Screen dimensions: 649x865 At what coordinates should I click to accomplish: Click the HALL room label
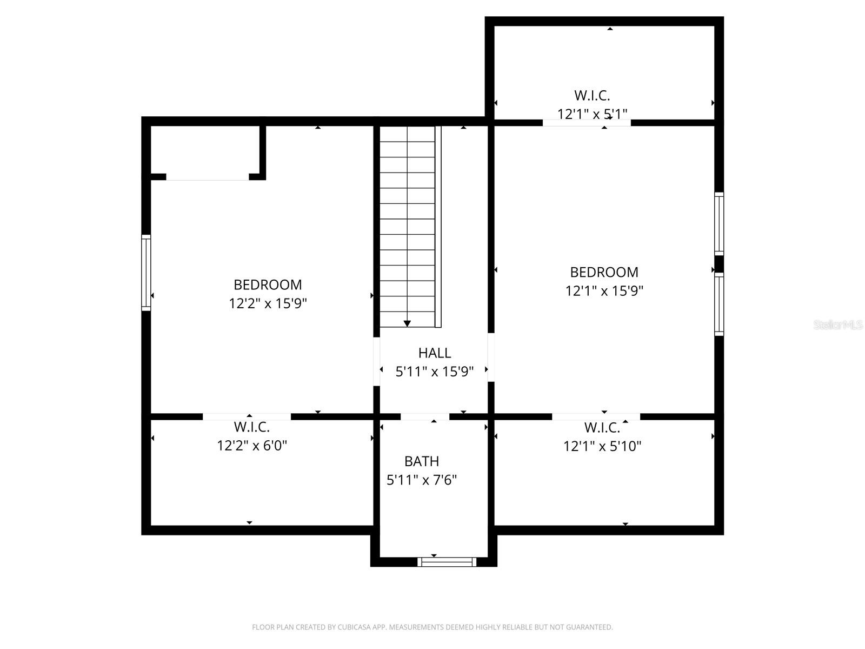[x=434, y=353]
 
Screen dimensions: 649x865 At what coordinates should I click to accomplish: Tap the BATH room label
[x=421, y=461]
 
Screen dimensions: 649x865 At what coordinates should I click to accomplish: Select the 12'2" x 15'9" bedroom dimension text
[x=268, y=303]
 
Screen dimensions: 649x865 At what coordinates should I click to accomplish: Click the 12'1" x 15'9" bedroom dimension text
[x=604, y=291]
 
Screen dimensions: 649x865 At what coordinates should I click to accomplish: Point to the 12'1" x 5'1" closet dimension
[x=592, y=114]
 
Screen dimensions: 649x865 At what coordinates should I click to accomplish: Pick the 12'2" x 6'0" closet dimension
[x=251, y=446]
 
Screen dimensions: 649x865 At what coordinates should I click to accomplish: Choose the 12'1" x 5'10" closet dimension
[x=602, y=446]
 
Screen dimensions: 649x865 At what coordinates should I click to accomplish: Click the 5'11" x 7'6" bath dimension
[x=421, y=480]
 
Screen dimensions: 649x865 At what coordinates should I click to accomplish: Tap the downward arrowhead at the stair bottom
[x=407, y=323]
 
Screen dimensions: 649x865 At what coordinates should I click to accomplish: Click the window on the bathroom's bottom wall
[x=447, y=562]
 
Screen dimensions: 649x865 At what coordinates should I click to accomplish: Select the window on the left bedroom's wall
[x=146, y=273]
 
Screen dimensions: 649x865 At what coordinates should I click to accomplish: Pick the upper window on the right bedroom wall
[x=719, y=223]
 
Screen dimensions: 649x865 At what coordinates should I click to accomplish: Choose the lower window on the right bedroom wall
[x=719, y=304]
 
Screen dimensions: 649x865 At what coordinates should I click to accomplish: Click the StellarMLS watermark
[x=837, y=325]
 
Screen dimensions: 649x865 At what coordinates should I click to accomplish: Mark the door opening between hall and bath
[x=424, y=416]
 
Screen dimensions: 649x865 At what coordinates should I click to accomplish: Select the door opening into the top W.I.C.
[x=587, y=123]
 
